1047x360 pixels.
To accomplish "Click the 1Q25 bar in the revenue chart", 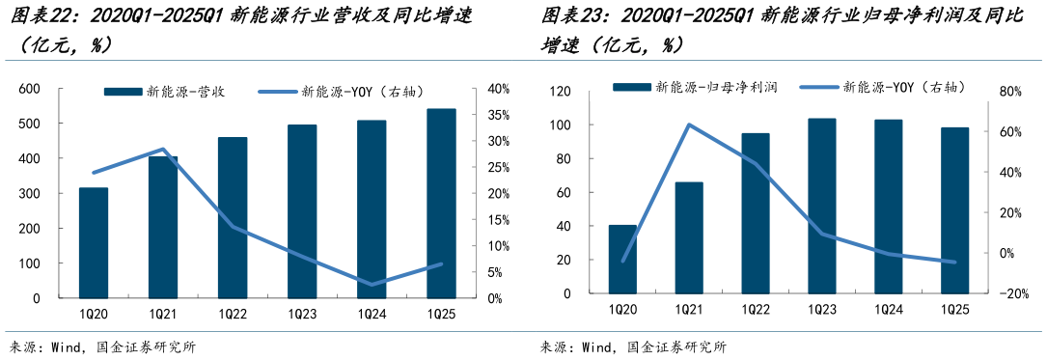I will (441, 204).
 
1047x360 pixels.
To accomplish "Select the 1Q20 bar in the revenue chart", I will (94, 242).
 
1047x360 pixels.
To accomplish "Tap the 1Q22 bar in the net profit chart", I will (756, 213).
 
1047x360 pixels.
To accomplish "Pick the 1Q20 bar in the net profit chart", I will (622, 260).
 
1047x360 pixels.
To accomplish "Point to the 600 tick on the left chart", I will (29, 89).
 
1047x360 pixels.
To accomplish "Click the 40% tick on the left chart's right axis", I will (498, 89).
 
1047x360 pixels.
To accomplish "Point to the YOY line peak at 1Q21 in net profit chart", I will (689, 125).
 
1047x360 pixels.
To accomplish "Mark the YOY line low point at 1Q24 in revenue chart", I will (372, 284).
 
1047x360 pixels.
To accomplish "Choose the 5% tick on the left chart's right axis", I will (495, 272).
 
